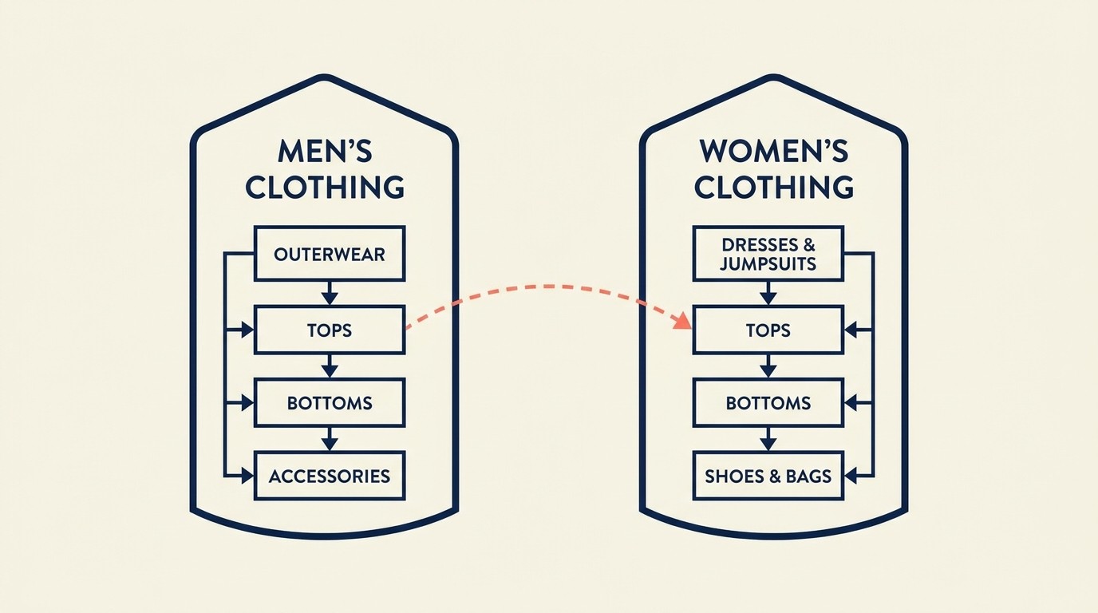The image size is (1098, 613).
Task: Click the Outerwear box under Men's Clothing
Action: click(329, 254)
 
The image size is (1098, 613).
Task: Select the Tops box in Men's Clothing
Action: click(329, 330)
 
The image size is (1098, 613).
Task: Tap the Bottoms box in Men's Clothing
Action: click(329, 402)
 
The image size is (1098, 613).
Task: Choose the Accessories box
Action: click(329, 476)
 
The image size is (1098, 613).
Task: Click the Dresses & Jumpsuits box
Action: click(768, 254)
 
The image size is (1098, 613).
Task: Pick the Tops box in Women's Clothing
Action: click(768, 330)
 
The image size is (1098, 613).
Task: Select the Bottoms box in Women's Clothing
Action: click(768, 402)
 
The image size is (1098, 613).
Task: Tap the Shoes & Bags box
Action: click(768, 476)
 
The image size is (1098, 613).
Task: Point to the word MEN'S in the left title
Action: click(324, 152)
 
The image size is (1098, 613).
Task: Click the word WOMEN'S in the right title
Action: click(772, 152)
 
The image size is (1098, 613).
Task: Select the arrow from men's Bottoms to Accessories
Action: click(329, 439)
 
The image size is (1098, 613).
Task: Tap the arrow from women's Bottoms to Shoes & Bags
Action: click(768, 439)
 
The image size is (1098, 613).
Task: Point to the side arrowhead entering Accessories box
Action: click(247, 477)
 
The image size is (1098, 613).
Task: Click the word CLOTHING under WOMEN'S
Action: click(772, 188)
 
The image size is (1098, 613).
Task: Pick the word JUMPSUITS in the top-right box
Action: click(768, 263)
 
